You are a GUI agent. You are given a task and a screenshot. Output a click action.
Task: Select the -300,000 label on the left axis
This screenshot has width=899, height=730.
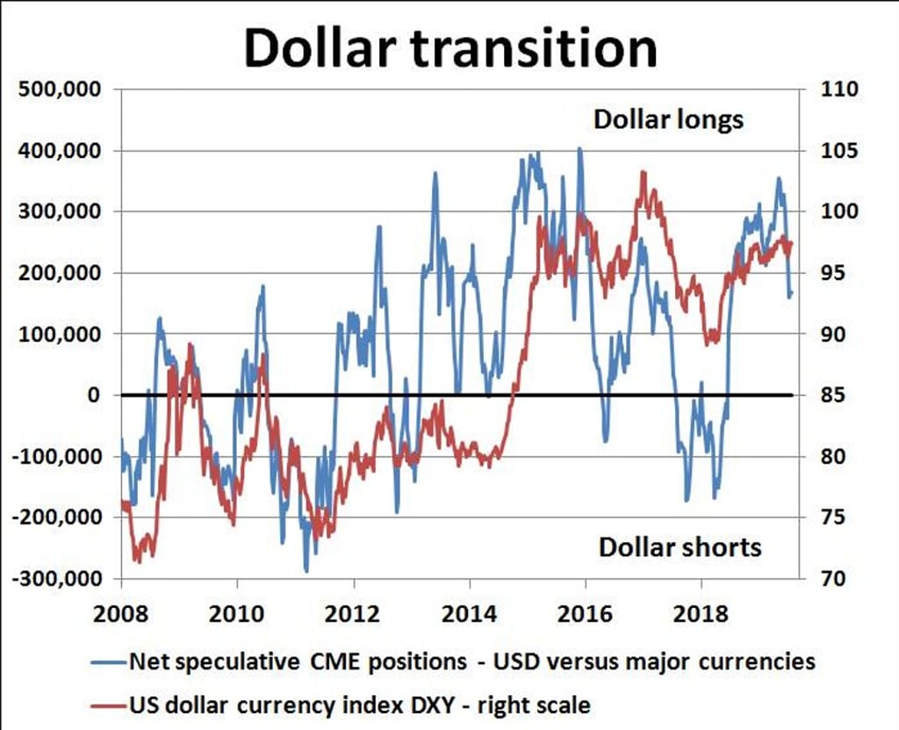point(60,579)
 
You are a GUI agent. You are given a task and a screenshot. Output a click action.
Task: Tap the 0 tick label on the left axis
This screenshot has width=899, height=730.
point(91,396)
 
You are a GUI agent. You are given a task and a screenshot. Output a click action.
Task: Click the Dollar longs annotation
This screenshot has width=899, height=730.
point(668,120)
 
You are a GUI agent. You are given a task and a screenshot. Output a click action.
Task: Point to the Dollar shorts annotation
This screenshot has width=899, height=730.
point(680,547)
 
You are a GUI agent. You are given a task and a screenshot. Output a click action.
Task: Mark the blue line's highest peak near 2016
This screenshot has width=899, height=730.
point(579,149)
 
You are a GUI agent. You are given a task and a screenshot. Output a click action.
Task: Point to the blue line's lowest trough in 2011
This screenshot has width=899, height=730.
point(306,571)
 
